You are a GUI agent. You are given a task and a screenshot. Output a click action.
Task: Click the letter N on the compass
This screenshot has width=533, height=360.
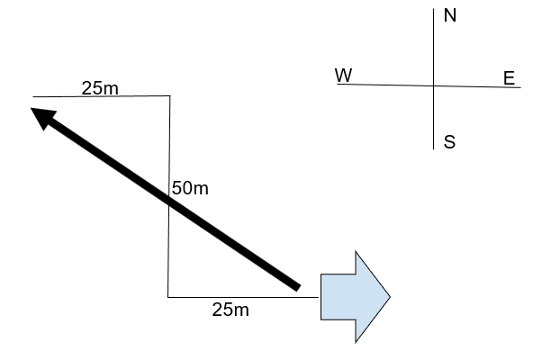pos(450,15)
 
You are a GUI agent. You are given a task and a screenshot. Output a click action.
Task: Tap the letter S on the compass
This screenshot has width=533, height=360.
pos(449,142)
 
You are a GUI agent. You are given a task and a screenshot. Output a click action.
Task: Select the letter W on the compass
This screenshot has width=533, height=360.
pos(344,75)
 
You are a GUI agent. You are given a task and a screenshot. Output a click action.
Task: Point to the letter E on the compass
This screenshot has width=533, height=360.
pos(509,78)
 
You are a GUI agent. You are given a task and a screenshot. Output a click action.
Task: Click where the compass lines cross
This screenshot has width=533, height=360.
pos(433,85)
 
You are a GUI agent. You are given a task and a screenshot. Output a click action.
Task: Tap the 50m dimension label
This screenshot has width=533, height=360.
pos(190,188)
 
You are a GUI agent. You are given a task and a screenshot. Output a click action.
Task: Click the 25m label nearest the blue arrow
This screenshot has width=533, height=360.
pos(230,310)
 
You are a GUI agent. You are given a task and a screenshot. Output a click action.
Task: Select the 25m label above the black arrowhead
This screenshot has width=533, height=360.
pos(100,88)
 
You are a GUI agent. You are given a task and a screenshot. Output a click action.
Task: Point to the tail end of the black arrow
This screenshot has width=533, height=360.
pos(298,288)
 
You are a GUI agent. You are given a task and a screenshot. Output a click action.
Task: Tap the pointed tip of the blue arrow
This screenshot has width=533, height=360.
pos(390,297)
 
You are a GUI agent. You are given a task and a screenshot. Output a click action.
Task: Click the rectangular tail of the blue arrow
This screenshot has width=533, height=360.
pos(339,297)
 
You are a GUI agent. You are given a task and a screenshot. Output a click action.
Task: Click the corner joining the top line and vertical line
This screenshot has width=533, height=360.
pos(169,96)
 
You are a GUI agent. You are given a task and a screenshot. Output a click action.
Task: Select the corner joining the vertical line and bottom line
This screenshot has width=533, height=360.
pos(168,297)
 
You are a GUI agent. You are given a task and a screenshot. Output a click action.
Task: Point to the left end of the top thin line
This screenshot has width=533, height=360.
pos(33,97)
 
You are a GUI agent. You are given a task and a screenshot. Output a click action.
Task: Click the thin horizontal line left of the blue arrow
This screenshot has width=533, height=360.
pos(243,297)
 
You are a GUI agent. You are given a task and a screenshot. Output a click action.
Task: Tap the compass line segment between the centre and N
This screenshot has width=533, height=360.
pos(433,47)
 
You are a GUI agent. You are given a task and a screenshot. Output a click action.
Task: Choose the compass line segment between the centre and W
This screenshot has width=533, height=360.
pos(385,85)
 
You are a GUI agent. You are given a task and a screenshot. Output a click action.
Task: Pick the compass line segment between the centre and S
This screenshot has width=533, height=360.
pos(433,118)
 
